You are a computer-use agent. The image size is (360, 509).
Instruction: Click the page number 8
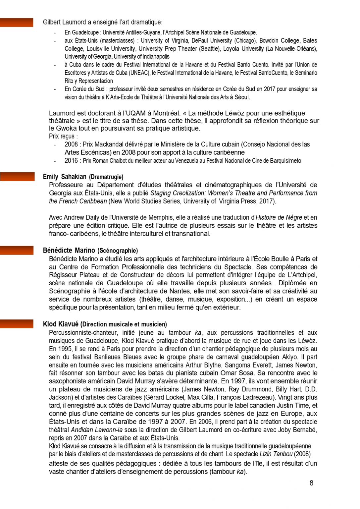click(311, 483)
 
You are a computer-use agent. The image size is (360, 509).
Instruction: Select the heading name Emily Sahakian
click(65, 177)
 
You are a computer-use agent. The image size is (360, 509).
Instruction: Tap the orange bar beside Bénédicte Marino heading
click(17, 250)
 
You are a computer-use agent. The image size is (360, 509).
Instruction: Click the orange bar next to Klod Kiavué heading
click(17, 324)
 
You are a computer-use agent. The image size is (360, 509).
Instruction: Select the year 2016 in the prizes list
click(71, 161)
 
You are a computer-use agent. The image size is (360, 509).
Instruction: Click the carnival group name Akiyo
click(289, 357)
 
